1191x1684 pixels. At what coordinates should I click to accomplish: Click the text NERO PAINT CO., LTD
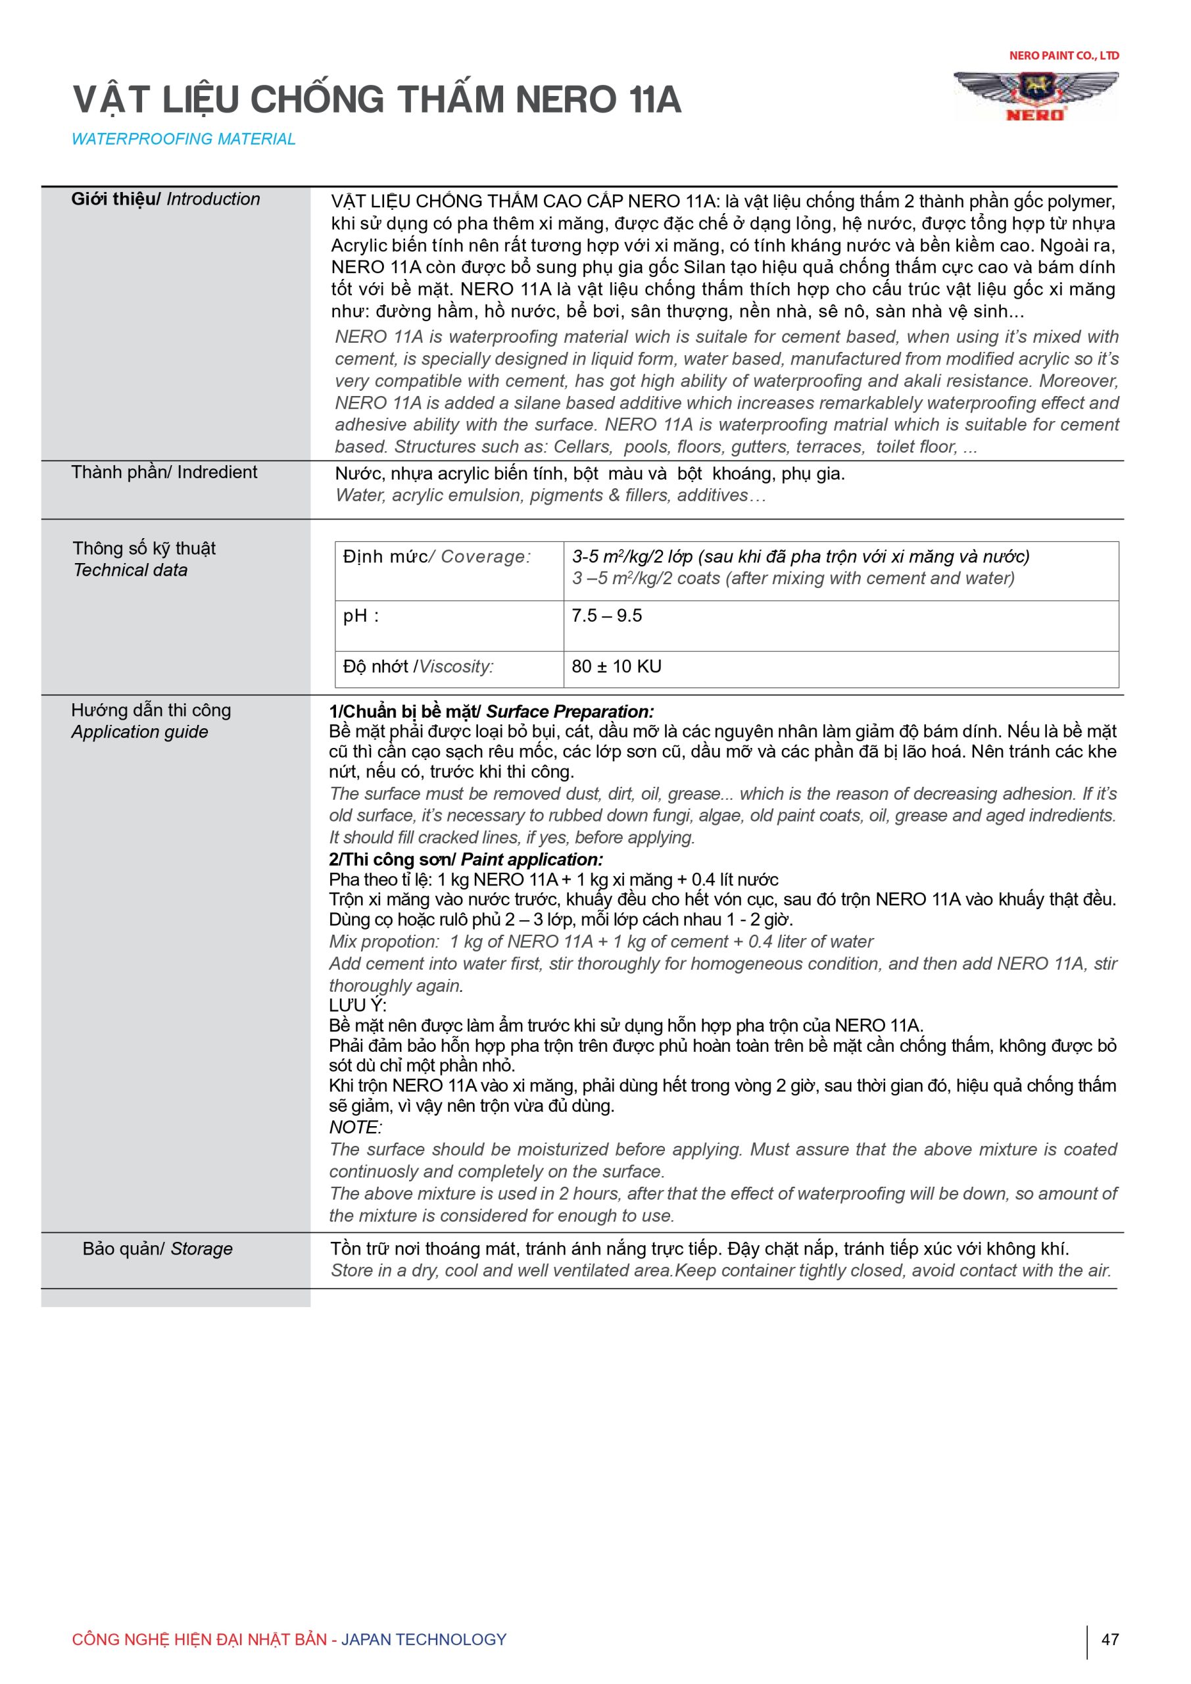pyautogui.click(x=1063, y=56)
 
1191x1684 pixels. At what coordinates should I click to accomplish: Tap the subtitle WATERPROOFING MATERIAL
pyautogui.click(x=183, y=139)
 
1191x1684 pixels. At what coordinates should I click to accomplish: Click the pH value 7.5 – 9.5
pyautogui.click(x=606, y=615)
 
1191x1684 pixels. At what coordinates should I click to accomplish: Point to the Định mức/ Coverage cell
pyautogui.click(x=437, y=557)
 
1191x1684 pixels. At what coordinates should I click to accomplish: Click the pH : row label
pyautogui.click(x=361, y=615)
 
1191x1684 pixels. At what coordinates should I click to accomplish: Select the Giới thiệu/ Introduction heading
pyautogui.click(x=165, y=199)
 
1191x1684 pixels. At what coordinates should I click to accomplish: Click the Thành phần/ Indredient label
pyautogui.click(x=164, y=472)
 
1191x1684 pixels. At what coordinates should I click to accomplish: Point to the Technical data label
pyautogui.click(x=130, y=570)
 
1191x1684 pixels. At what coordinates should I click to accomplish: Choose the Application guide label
pyautogui.click(x=139, y=731)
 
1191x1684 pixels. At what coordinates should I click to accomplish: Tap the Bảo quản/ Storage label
pyautogui.click(x=157, y=1249)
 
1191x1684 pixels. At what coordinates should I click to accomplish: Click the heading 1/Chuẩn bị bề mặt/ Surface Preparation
pyautogui.click(x=491, y=712)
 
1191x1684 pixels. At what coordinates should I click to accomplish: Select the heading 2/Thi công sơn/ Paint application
pyautogui.click(x=466, y=860)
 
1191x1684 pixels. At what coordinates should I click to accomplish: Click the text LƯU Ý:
pyautogui.click(x=357, y=1005)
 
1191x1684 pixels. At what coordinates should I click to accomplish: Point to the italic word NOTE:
pyautogui.click(x=355, y=1127)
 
